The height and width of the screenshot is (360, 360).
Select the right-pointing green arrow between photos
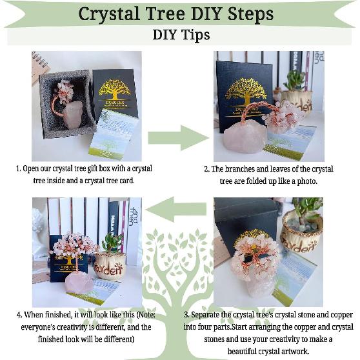click(177, 137)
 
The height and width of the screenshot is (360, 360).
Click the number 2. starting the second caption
click(207, 169)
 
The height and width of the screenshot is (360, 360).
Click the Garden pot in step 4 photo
click(110, 266)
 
